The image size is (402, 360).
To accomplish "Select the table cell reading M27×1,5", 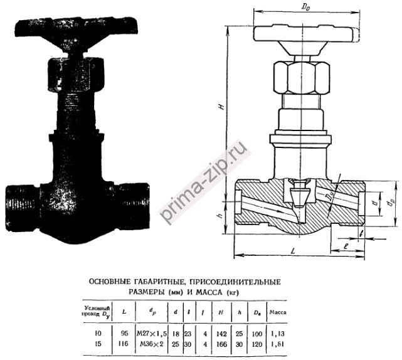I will [x=153, y=332].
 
